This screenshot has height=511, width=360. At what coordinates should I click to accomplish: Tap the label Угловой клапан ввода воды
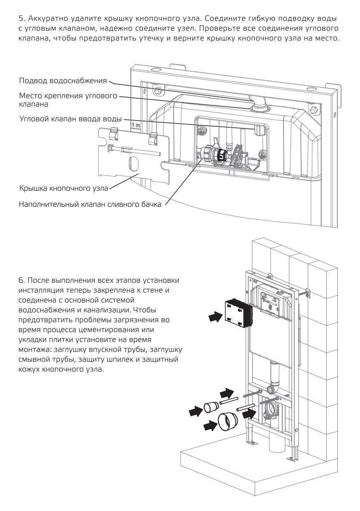tap(70, 119)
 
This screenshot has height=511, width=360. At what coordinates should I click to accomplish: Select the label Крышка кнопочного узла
tap(63, 189)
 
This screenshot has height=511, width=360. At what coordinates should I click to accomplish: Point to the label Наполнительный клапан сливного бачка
tap(90, 204)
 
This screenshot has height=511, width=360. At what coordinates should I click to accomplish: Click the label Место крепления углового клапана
tap(68, 100)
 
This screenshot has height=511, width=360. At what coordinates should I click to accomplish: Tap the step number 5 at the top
tap(21, 19)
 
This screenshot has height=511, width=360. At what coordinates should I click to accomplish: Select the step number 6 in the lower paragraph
tap(21, 280)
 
